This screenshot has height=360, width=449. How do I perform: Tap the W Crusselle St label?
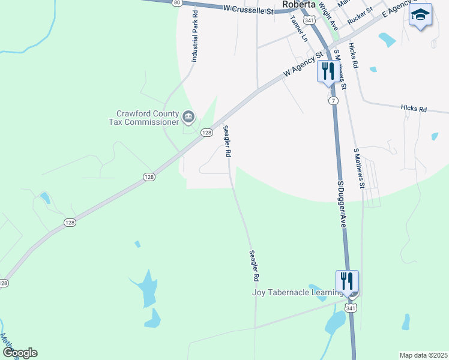(x=247, y=9)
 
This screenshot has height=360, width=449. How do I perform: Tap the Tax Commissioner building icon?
(x=188, y=116)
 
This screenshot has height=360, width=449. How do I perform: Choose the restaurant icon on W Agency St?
(x=328, y=71)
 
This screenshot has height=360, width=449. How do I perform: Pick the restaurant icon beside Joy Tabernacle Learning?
(x=347, y=281)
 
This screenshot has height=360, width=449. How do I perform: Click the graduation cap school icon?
(x=420, y=15)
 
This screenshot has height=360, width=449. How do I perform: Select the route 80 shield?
(x=177, y=2)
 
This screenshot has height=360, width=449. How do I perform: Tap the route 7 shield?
(x=333, y=101)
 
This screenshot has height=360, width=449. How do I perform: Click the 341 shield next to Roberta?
(x=309, y=20)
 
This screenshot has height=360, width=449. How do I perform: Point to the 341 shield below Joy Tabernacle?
(x=351, y=307)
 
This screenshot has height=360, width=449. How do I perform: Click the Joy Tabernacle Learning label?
(x=297, y=292)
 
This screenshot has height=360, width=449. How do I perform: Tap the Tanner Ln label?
(x=298, y=28)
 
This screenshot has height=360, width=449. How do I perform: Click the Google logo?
(x=20, y=353)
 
